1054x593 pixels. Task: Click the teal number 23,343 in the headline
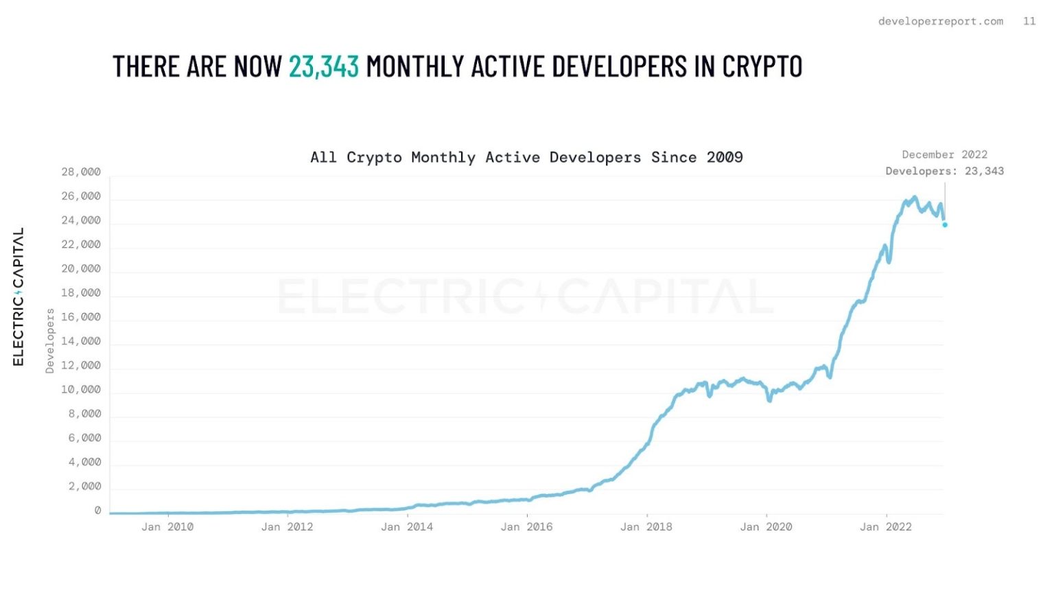coord(323,67)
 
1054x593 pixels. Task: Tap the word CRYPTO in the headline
coord(762,67)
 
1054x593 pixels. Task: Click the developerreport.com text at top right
coord(940,21)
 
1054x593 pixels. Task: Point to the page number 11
coord(1029,21)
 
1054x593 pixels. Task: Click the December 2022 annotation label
coord(944,154)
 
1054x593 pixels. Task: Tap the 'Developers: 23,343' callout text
coord(944,171)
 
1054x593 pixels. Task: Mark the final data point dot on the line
coord(945,224)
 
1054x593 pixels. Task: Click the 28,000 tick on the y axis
coord(81,172)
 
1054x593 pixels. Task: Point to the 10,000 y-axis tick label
coord(81,390)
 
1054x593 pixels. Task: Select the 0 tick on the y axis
coord(97,511)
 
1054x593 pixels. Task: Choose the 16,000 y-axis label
coord(81,317)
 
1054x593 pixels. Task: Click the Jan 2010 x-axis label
coord(167,527)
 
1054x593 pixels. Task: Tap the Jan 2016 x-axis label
coord(526,527)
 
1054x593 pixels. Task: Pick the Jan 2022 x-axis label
coord(885,527)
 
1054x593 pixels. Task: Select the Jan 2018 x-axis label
coord(646,527)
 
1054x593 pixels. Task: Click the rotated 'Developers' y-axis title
coord(49,341)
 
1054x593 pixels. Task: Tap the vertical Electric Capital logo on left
coord(19,296)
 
